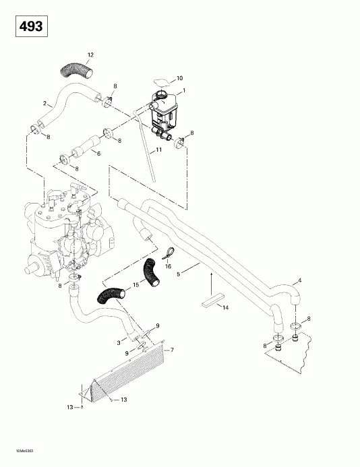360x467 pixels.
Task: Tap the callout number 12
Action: (91, 53)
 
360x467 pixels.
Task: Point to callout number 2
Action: (45, 103)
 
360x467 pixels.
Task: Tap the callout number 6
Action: (99, 154)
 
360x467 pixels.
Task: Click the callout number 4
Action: (300, 280)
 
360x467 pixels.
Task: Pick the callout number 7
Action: (173, 350)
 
